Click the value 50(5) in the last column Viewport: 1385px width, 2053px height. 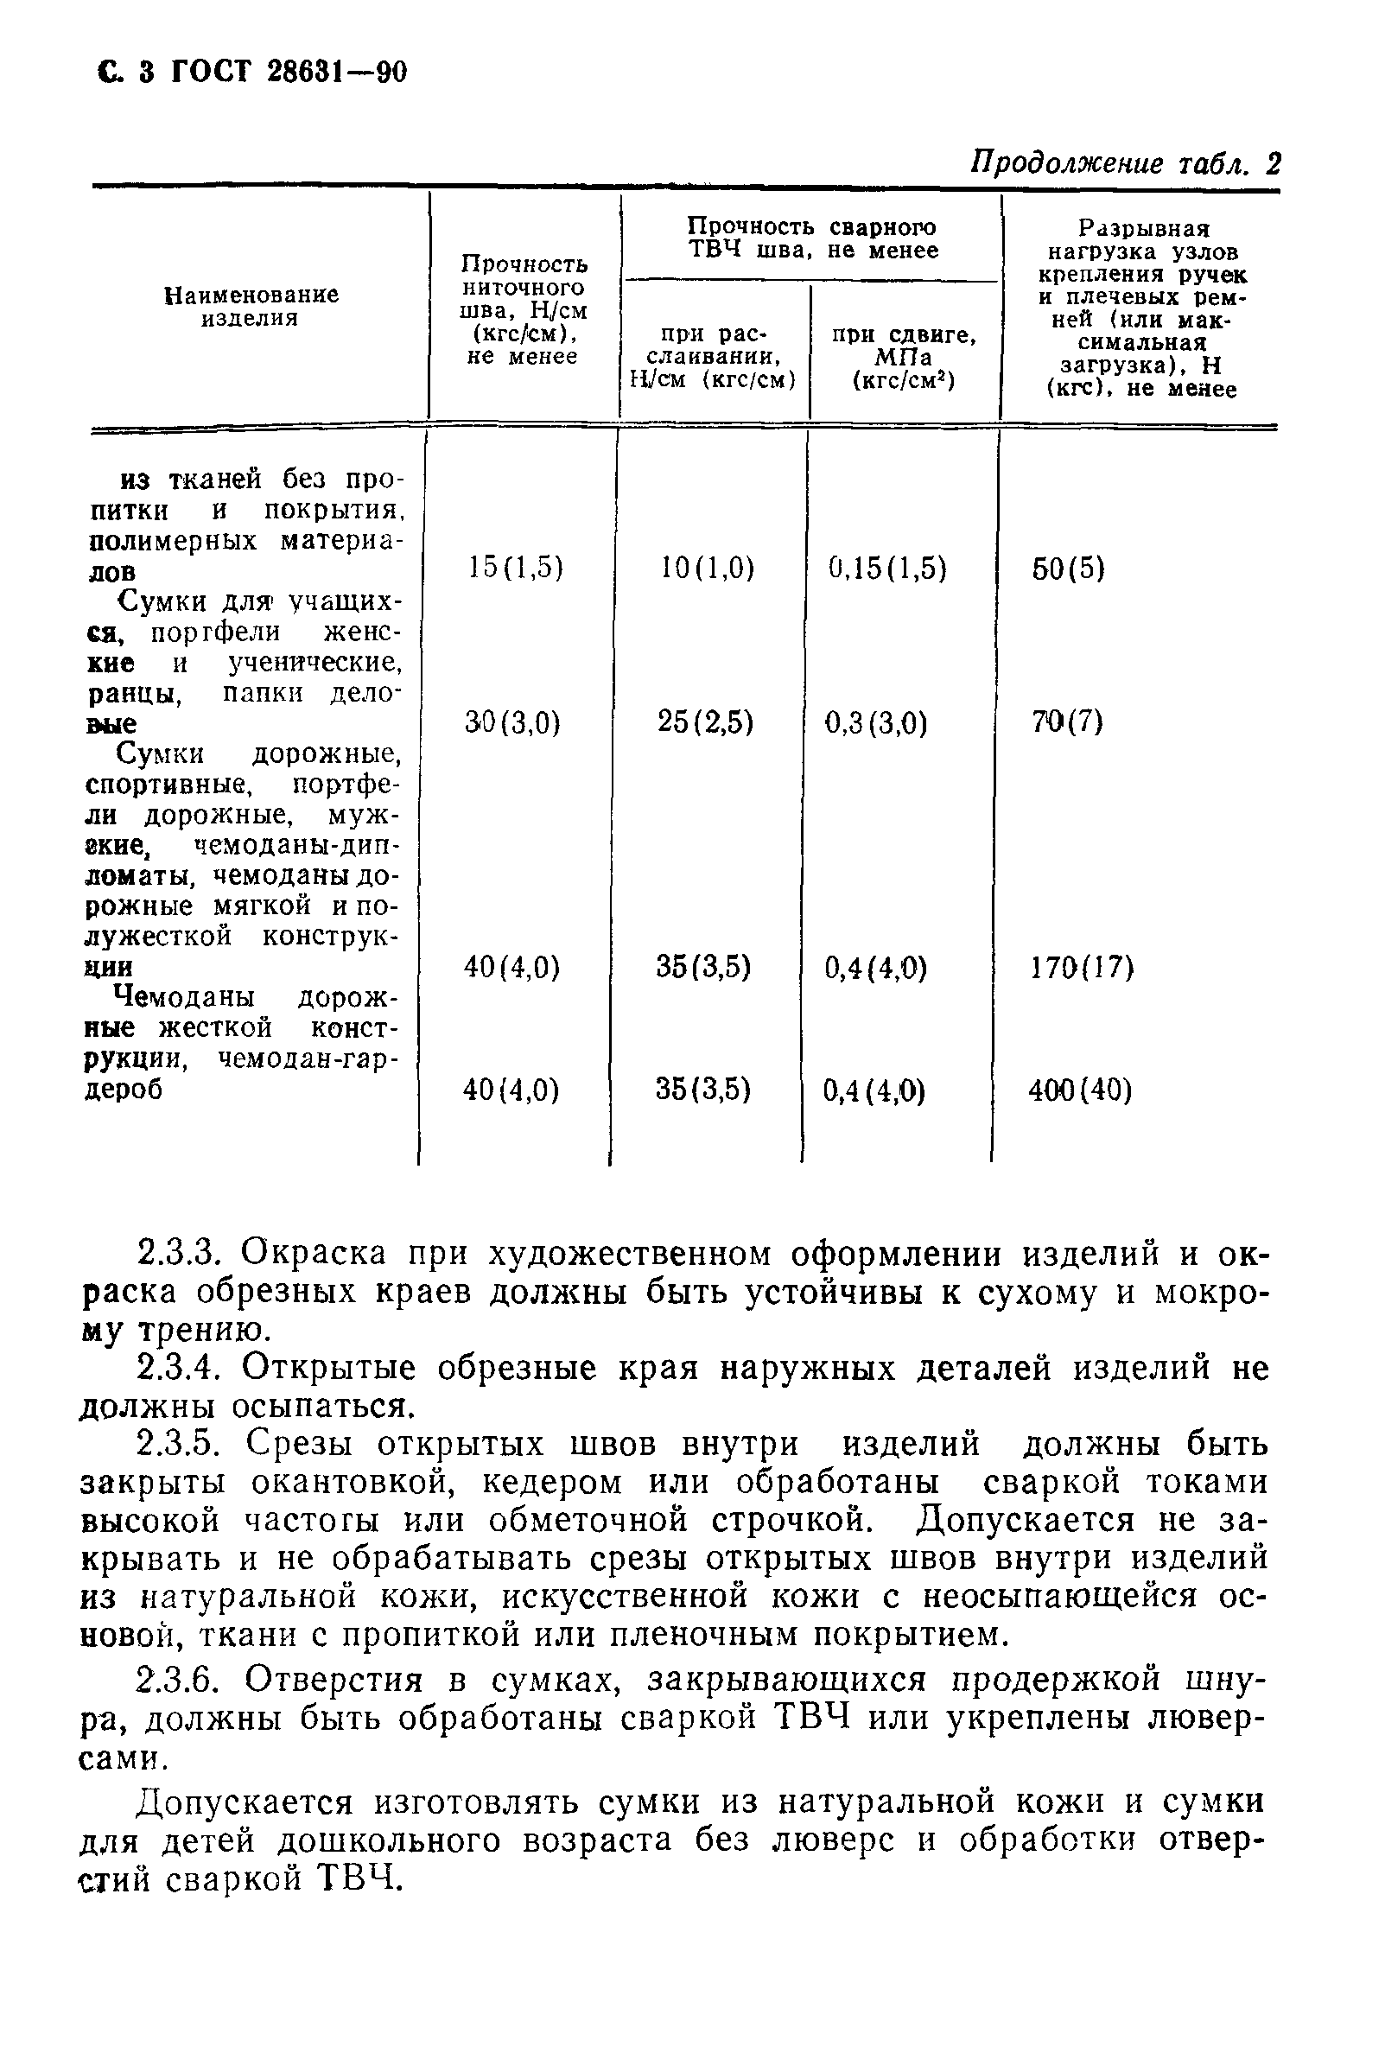[x=1069, y=568]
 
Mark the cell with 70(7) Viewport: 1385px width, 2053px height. [x=1067, y=722]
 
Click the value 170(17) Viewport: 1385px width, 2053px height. [x=1082, y=968]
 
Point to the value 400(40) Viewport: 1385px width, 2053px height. [x=1080, y=1091]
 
